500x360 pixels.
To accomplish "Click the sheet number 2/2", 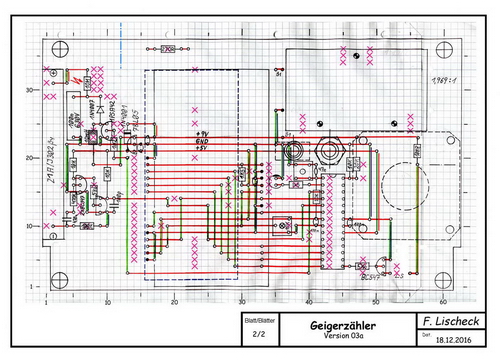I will tap(259, 335).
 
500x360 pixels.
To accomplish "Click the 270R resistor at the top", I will tap(168, 49).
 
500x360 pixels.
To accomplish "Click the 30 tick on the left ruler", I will tap(32, 90).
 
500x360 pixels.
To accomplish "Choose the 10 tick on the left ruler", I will tap(32, 226).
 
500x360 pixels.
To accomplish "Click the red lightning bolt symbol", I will tap(77, 79).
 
